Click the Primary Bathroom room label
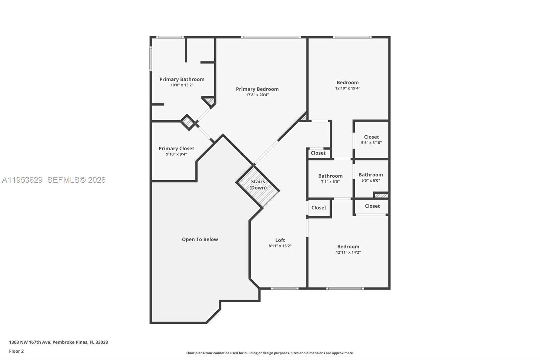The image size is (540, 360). [x=182, y=79]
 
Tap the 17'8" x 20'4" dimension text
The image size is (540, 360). [x=257, y=95]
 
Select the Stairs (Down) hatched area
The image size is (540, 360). [x=258, y=186]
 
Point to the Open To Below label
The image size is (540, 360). [x=200, y=239]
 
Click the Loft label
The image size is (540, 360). [x=280, y=240]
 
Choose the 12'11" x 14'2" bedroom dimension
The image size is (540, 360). [x=348, y=252]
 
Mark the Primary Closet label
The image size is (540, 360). [x=176, y=149]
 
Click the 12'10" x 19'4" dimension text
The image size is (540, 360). [x=347, y=88]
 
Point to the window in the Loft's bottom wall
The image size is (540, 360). [x=284, y=288]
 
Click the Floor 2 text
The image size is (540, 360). [x=16, y=351]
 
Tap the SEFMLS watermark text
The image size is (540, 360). [x=76, y=180]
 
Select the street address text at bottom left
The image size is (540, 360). [x=58, y=342]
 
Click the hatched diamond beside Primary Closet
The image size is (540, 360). [x=188, y=122]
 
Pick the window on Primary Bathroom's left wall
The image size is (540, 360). [x=151, y=58]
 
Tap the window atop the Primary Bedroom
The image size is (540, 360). [x=271, y=37]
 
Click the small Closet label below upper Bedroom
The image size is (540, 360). [x=318, y=153]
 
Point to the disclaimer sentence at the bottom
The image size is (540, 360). [x=270, y=353]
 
